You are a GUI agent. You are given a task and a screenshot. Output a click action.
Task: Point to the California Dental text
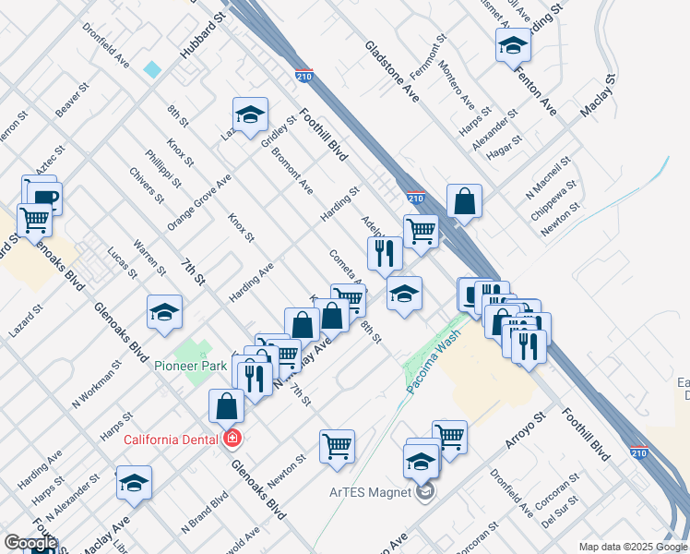[170, 440]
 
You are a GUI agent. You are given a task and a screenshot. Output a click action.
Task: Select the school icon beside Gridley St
[250, 114]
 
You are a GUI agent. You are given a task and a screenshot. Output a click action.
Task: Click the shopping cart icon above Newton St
[337, 446]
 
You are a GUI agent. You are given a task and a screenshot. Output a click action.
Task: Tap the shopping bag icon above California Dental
[227, 405]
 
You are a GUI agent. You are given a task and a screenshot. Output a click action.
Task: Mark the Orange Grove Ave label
[198, 202]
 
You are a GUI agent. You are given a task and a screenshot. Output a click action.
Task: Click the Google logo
[30, 543]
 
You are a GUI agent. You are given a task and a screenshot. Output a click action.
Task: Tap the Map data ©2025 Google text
[632, 547]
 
